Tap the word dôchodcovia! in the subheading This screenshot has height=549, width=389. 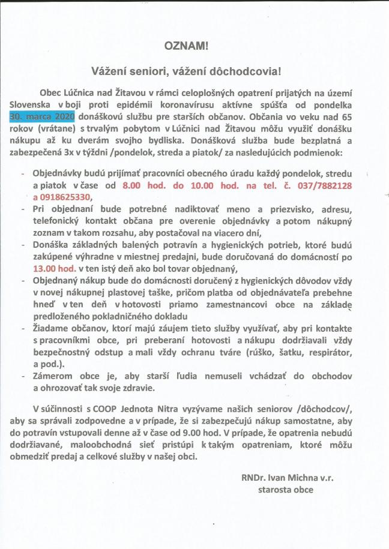[248, 70]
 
